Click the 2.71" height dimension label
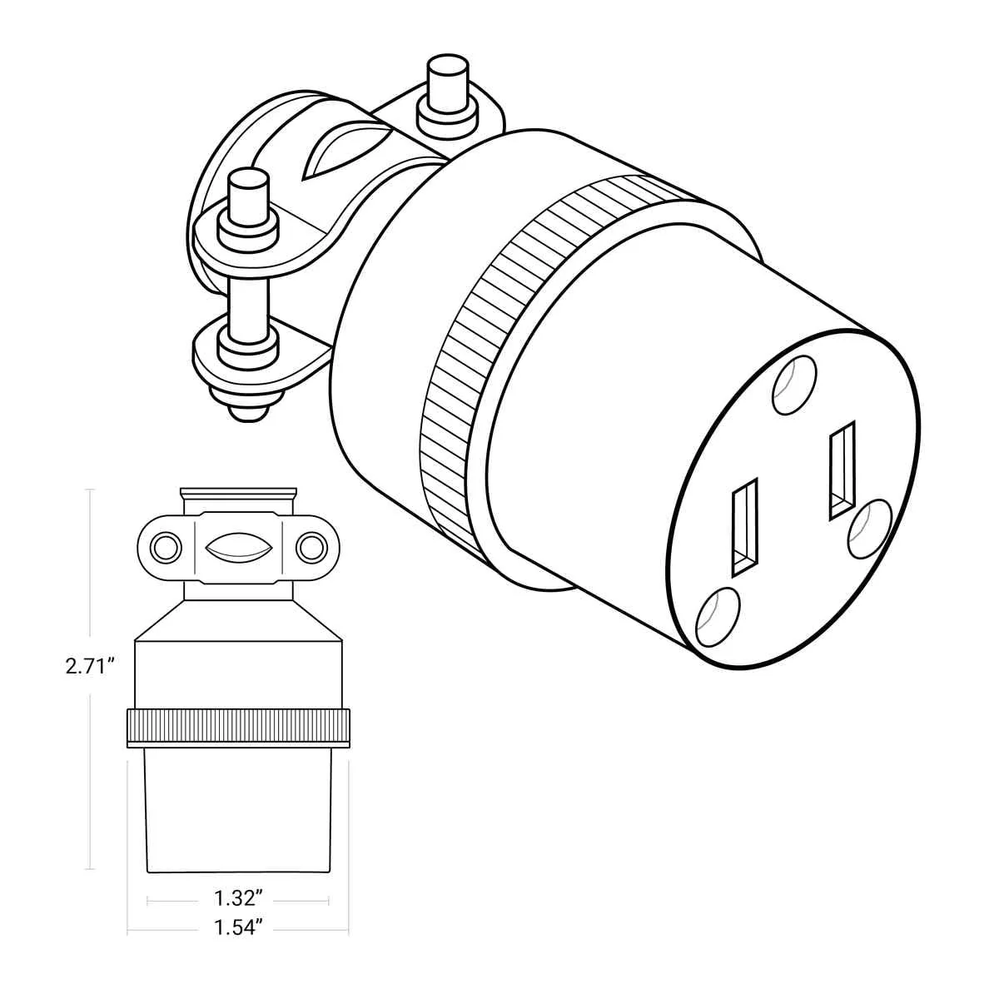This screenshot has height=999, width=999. (90, 666)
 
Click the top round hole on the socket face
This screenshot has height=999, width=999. (793, 385)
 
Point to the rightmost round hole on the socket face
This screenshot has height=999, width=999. (870, 529)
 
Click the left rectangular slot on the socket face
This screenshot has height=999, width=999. (745, 527)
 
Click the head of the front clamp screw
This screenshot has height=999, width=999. (250, 198)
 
